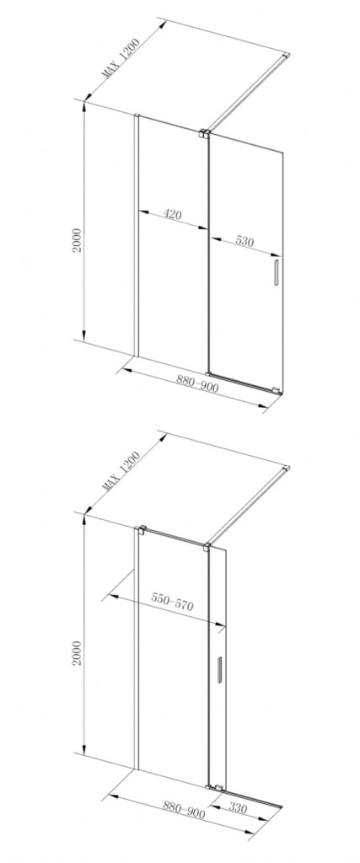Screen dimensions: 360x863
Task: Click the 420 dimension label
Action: click(173, 214)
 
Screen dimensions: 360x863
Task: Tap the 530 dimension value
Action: click(246, 242)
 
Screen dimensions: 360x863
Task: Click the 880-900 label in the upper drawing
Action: click(197, 383)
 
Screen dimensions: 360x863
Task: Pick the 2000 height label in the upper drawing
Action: click(77, 240)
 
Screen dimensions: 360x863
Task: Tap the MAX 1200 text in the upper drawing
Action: click(121, 57)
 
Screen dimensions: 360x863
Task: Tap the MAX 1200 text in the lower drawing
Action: click(121, 470)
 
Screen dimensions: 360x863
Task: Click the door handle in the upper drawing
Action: click(276, 273)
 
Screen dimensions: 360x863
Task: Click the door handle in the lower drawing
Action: click(219, 670)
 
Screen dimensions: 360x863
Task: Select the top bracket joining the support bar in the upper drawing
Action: click(204, 132)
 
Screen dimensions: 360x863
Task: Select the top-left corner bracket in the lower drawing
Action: click(142, 531)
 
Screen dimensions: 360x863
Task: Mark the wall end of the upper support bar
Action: click(287, 55)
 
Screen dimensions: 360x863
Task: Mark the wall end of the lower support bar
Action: click(287, 469)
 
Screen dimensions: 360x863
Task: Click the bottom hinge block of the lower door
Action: click(218, 786)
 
